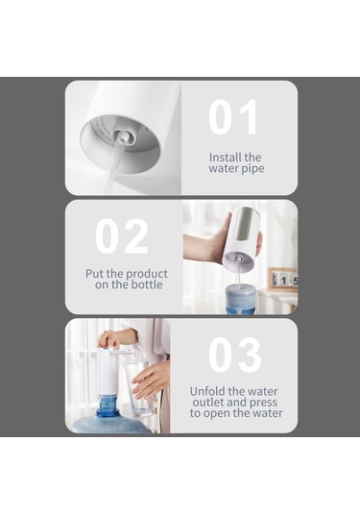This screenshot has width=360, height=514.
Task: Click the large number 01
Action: click(x=233, y=117)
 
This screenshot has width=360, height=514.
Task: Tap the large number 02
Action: click(x=122, y=236)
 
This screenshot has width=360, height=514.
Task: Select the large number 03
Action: click(x=235, y=355)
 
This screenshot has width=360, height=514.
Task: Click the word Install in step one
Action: click(x=225, y=158)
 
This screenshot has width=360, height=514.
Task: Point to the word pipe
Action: click(x=252, y=169)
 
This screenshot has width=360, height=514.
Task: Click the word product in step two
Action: click(x=147, y=274)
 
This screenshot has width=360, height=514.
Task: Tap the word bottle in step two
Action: click(x=147, y=284)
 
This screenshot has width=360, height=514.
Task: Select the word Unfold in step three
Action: click(x=207, y=391)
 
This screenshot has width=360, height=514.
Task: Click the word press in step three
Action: click(x=263, y=403)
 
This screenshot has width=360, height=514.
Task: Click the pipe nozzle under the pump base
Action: click(x=122, y=138)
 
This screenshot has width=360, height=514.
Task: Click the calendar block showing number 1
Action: click(x=283, y=281)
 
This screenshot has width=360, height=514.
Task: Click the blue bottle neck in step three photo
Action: click(x=109, y=406)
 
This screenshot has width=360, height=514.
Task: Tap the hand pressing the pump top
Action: click(x=109, y=339)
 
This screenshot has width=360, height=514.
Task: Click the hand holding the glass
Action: click(x=151, y=379)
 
